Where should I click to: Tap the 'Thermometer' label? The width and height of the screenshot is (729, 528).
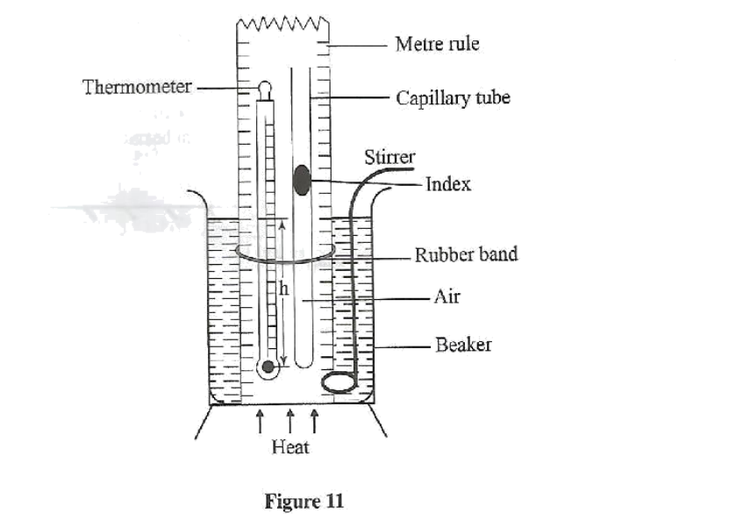138,88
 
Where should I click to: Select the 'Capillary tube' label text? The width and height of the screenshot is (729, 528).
453,97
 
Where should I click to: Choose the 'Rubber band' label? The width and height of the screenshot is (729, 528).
466,254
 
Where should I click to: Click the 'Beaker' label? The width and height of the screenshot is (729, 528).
463,345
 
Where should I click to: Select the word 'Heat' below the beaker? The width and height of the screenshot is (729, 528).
289,447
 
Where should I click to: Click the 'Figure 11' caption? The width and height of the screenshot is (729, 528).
304,503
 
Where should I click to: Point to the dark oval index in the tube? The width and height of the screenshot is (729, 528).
301,178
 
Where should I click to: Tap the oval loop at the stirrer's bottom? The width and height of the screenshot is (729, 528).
339,382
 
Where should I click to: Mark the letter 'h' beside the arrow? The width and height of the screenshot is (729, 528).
282,289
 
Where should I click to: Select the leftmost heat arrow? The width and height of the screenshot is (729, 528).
261,422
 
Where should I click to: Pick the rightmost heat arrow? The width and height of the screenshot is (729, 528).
314,422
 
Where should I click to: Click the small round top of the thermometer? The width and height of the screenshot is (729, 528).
265,88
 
